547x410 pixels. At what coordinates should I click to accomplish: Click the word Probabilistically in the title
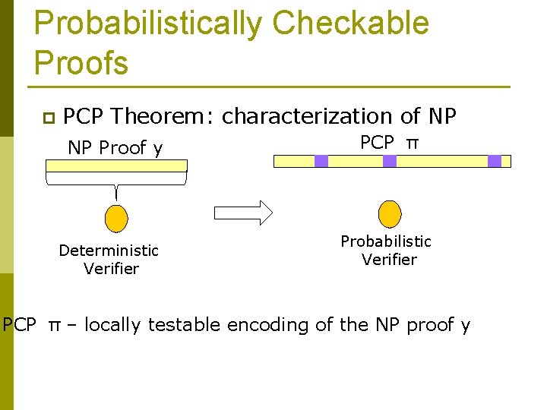pyautogui.click(x=148, y=24)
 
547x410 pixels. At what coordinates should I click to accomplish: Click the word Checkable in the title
pyautogui.click(x=350, y=24)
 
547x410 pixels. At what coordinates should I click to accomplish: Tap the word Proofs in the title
pyautogui.click(x=81, y=62)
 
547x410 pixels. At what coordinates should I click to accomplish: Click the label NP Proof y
pyautogui.click(x=115, y=148)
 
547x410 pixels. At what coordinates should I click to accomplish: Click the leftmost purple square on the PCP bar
pyautogui.click(x=321, y=161)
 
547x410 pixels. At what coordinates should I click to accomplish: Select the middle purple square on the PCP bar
pyautogui.click(x=390, y=161)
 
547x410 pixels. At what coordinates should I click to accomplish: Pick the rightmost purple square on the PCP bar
pyautogui.click(x=495, y=161)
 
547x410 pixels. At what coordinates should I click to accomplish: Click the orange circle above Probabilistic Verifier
pyautogui.click(x=389, y=213)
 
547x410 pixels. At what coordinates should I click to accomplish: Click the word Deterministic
pyautogui.click(x=109, y=251)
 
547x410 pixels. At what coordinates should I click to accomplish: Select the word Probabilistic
pyautogui.click(x=386, y=241)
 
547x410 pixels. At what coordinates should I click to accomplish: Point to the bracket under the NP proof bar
pyautogui.click(x=115, y=180)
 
